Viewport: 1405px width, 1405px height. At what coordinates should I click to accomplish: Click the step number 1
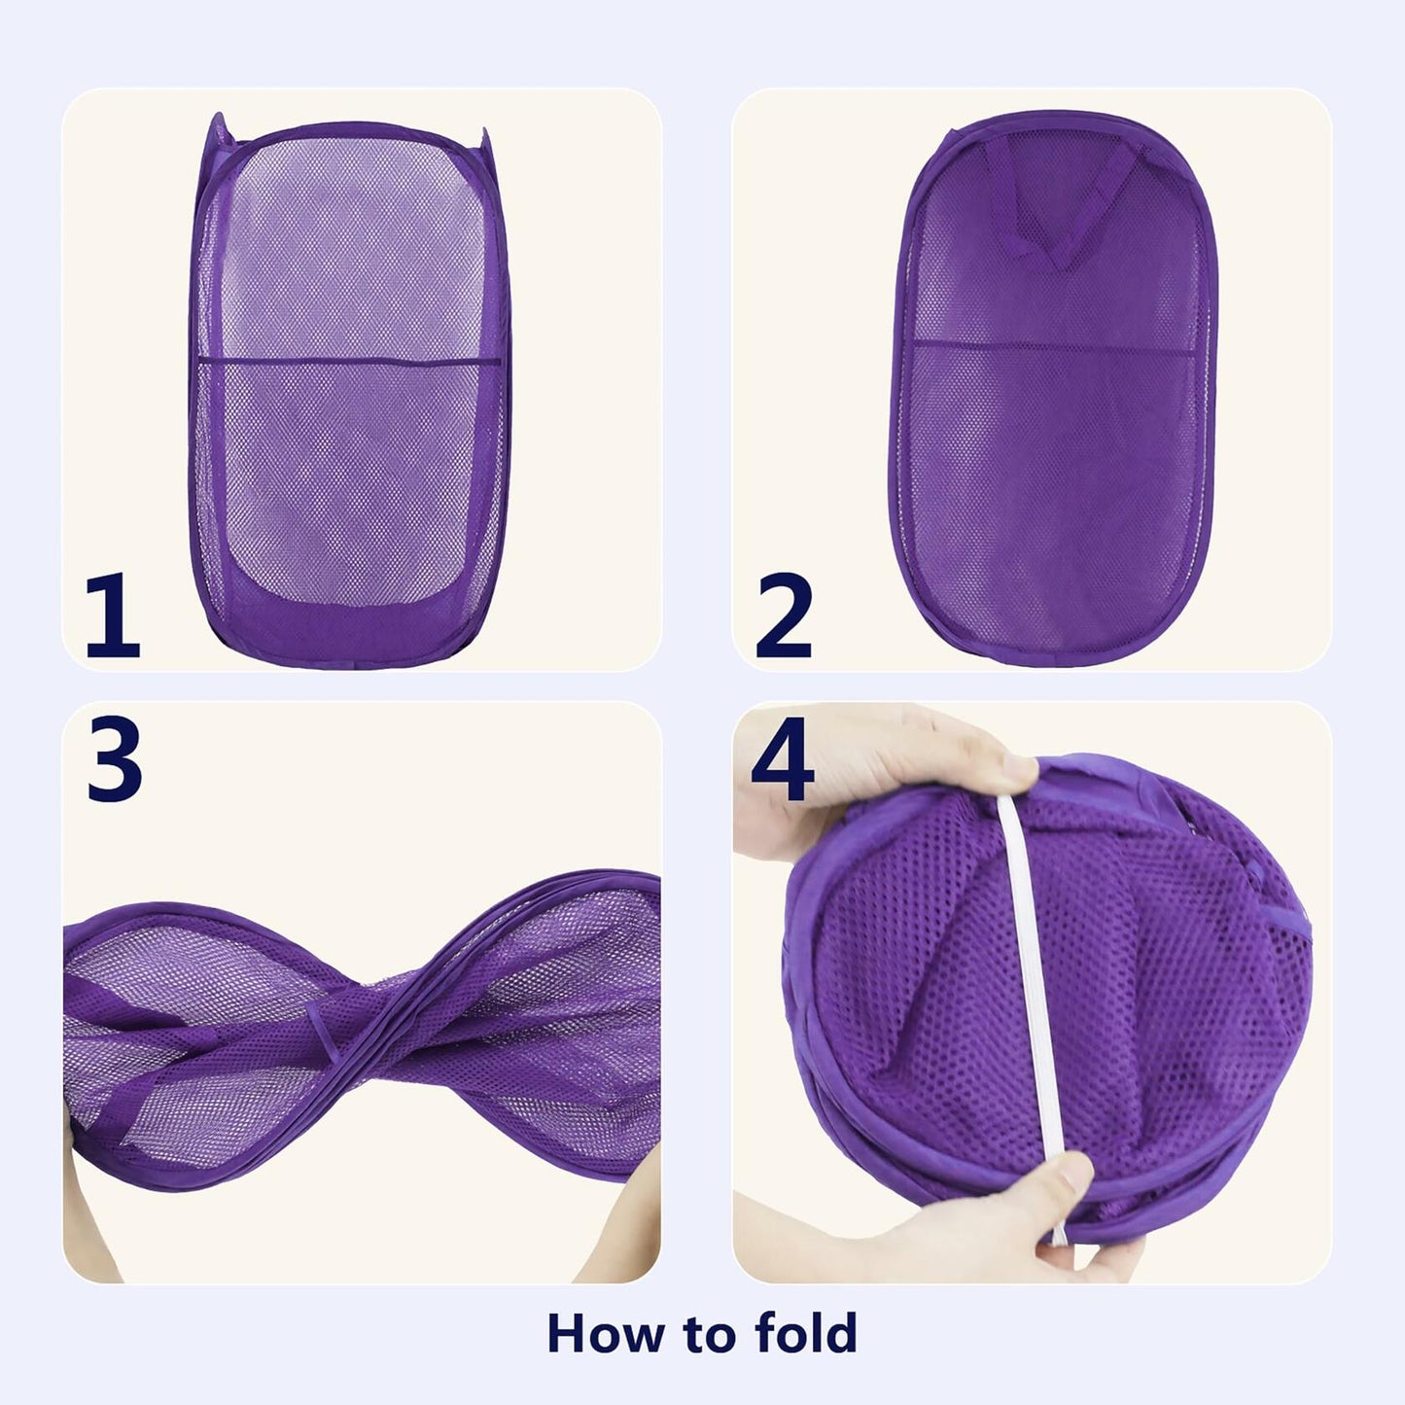(113, 616)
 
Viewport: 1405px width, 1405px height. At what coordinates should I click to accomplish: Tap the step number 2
(784, 616)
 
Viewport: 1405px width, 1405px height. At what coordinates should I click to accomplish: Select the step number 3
(115, 758)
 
